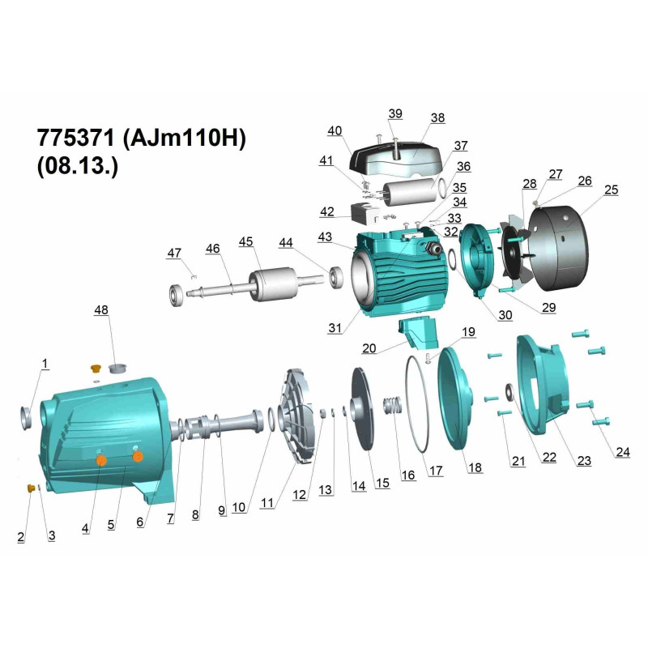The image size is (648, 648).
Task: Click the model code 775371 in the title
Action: pos(75,138)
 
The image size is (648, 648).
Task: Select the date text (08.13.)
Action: pos(78,166)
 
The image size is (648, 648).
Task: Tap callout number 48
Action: pos(101,310)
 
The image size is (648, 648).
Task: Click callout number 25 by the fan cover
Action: pos(612,190)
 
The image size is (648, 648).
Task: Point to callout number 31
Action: pos(335,328)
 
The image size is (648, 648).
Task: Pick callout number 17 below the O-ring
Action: pos(436,471)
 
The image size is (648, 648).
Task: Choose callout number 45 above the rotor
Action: pos(246,241)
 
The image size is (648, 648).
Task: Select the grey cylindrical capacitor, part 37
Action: pos(410,193)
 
